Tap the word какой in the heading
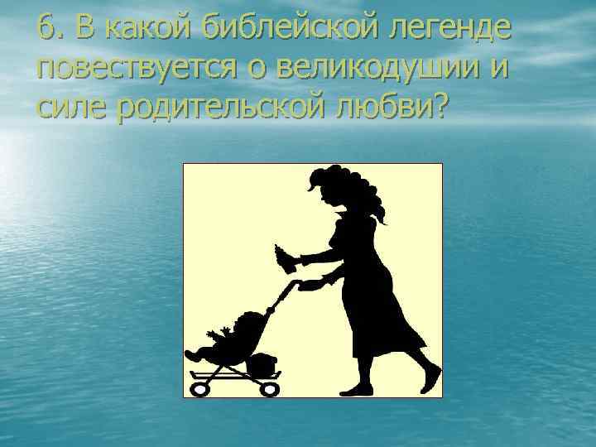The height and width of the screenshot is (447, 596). click(x=141, y=31)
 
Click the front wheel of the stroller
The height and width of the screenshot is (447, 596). click(x=199, y=387)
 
